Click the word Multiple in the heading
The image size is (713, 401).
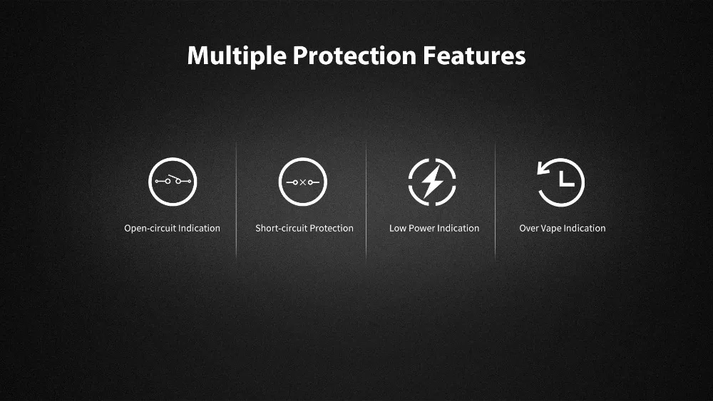[x=237, y=56]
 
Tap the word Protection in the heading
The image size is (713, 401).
[x=354, y=56]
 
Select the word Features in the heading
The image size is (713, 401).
[x=474, y=56]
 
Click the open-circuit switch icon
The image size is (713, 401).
[x=173, y=182]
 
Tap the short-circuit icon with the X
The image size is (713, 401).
[x=303, y=182]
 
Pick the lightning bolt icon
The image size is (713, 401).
[x=432, y=182]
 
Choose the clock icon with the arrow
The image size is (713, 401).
[x=561, y=182]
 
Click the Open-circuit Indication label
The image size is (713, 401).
[x=172, y=229]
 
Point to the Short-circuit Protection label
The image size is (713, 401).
[x=304, y=228]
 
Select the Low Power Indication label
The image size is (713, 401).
[x=434, y=228]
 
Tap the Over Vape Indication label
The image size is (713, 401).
[x=563, y=228]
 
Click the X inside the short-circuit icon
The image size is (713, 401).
[x=303, y=182]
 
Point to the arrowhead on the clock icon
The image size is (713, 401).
[x=543, y=169]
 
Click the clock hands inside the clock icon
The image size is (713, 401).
[x=566, y=179]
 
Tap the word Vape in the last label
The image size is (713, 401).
[x=551, y=229]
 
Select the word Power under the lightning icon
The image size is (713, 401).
[x=421, y=228]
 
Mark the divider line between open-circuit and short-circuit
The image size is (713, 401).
[x=237, y=200]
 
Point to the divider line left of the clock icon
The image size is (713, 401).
[x=496, y=200]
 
